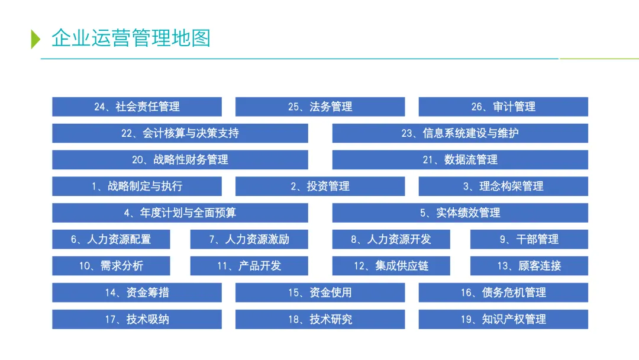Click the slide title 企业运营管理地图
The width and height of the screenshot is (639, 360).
(x=131, y=38)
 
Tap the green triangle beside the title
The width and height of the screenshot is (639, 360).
(x=35, y=38)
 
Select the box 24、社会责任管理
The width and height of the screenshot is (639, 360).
(x=137, y=107)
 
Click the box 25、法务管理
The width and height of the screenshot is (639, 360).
(x=320, y=107)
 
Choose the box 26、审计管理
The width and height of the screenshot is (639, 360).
(x=503, y=107)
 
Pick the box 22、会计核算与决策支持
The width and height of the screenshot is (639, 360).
(x=180, y=133)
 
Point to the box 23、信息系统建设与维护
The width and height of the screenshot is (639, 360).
(x=460, y=133)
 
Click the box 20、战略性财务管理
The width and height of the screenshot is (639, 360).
(x=180, y=160)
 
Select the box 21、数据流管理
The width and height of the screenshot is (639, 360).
(x=460, y=160)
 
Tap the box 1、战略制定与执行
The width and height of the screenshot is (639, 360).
(x=137, y=187)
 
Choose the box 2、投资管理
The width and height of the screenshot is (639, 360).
(x=320, y=187)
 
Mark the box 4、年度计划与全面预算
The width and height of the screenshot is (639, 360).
(x=180, y=213)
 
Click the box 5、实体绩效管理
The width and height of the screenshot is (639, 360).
(x=460, y=213)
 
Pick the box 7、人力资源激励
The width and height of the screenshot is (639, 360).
(x=249, y=239)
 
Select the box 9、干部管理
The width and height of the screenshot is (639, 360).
(x=529, y=239)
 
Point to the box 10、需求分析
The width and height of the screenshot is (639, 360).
(x=111, y=266)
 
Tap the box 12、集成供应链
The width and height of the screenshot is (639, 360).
(x=390, y=266)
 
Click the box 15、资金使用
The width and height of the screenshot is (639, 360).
(x=320, y=292)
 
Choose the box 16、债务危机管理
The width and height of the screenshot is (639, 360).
(x=503, y=292)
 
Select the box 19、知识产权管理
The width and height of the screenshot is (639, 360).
(x=503, y=319)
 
